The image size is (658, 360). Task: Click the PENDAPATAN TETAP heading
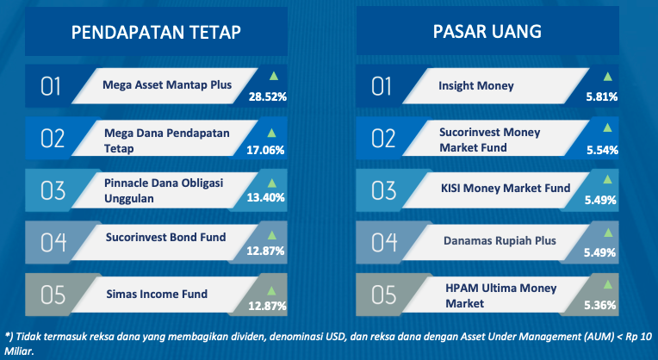pos(156,33)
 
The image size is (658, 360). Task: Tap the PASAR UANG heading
pos(487,32)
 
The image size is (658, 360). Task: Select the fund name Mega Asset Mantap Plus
pos(167,84)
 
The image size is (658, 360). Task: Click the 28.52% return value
pos(268,97)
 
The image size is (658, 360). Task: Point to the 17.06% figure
pos(265,150)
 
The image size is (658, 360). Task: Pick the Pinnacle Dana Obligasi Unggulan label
pos(164,190)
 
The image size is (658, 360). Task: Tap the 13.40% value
pos(265,197)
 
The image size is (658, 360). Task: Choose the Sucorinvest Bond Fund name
pos(165,237)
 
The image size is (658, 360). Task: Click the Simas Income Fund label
pos(157,294)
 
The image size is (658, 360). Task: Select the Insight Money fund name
pos(476,85)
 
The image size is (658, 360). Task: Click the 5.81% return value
pos(602,97)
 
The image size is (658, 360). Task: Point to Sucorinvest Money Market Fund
pos(490,140)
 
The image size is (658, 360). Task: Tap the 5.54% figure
pos(602,150)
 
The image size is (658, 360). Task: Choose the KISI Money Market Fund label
pos(506,188)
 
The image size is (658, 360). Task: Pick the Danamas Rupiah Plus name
pos(500,241)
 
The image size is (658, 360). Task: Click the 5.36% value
pos(600,305)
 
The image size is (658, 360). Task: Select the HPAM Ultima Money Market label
pos(501,295)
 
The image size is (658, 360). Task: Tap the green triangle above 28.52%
pos(274,76)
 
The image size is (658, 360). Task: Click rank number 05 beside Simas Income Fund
pos(53,295)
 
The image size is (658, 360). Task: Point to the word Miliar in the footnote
pos(19,351)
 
